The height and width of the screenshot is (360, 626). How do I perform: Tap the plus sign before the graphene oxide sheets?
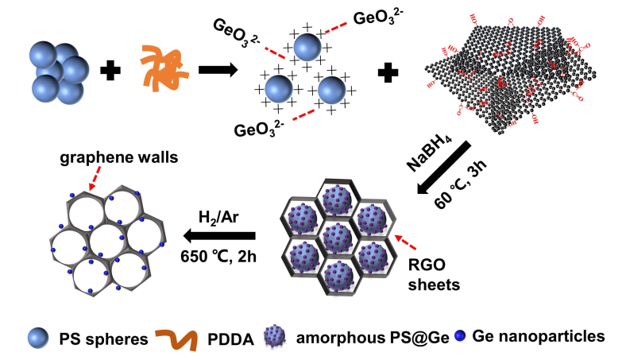[387, 73]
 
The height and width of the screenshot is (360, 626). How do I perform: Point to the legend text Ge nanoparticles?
[539, 336]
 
